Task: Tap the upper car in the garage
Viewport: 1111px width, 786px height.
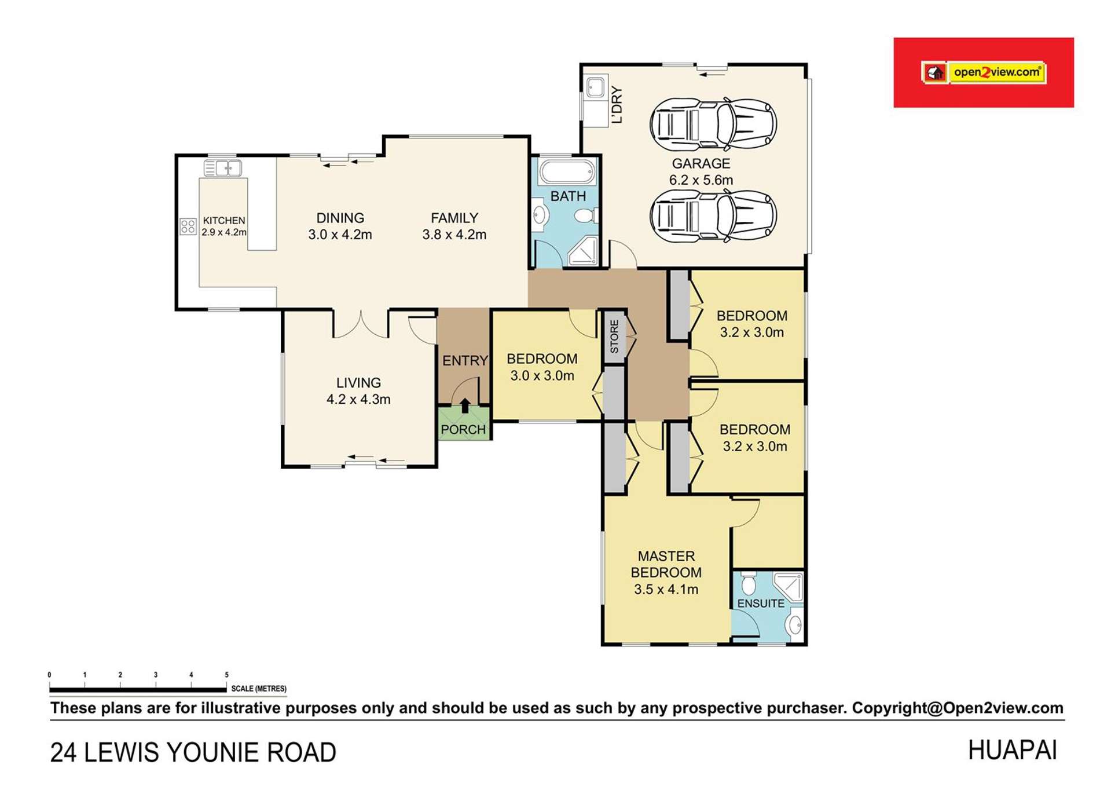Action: click(x=713, y=125)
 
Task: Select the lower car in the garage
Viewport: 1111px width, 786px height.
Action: click(x=713, y=216)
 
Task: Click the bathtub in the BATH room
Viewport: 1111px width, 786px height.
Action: click(x=567, y=172)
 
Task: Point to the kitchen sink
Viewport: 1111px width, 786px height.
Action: click(x=222, y=169)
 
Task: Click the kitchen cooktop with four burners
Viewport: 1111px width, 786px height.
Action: click(x=188, y=226)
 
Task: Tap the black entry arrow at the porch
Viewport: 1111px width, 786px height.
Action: click(x=465, y=405)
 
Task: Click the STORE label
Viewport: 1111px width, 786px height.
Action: click(x=614, y=337)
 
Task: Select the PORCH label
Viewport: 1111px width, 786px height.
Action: click(x=463, y=430)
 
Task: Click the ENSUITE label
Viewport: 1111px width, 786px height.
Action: click(x=761, y=604)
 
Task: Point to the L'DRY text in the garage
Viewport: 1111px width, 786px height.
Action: click(x=617, y=105)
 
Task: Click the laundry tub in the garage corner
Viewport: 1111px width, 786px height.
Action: click(x=595, y=88)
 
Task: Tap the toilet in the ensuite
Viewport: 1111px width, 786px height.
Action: click(x=748, y=584)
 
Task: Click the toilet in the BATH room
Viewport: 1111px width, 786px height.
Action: click(x=585, y=216)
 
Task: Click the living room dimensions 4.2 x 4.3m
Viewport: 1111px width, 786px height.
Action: click(x=358, y=400)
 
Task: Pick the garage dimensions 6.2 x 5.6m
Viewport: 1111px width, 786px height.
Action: click(x=701, y=180)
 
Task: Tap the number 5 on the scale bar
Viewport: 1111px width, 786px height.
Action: click(x=226, y=675)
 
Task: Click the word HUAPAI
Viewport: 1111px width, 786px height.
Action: click(x=1012, y=751)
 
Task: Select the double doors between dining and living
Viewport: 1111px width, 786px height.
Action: click(x=361, y=325)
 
